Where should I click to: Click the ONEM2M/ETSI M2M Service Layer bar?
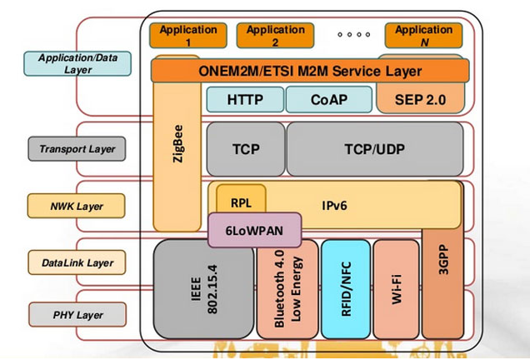(x=310, y=71)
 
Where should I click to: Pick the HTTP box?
(x=245, y=100)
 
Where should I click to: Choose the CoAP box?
(x=328, y=100)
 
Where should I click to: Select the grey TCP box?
(x=245, y=149)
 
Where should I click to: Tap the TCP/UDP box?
(x=374, y=149)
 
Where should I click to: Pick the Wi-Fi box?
(x=396, y=288)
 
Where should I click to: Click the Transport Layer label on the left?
(x=77, y=149)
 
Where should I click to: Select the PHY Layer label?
(x=77, y=315)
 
